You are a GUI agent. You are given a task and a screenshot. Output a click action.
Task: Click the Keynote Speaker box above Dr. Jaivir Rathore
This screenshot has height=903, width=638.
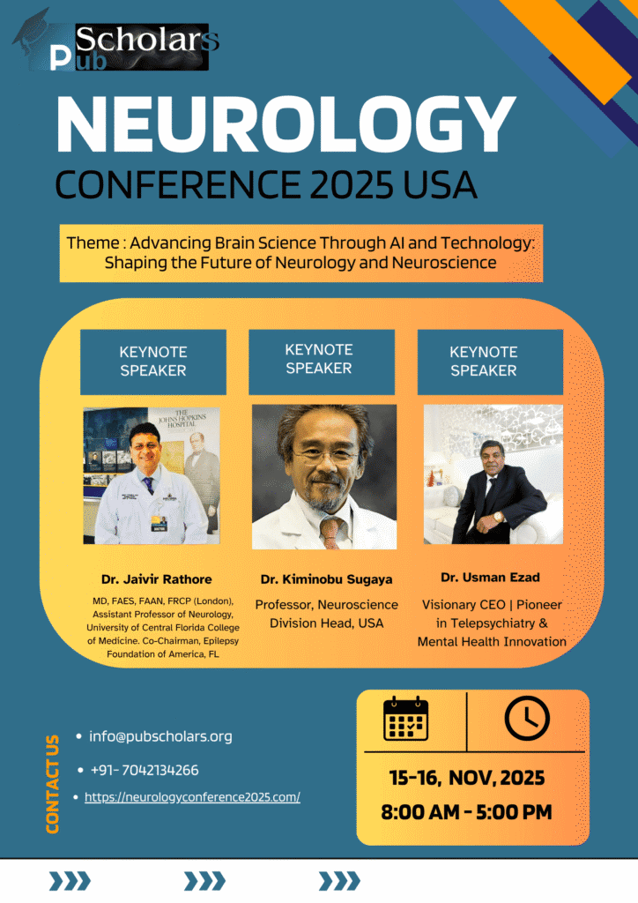point(153,362)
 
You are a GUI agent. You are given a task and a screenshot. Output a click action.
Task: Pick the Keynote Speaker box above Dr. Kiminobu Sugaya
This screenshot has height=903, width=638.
point(322,362)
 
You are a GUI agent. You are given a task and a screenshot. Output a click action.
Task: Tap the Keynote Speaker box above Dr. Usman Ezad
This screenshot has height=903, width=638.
point(490,362)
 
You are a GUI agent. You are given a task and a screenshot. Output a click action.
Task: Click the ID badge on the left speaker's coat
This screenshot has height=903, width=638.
point(159,522)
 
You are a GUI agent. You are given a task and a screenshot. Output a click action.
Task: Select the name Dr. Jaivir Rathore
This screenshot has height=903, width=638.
point(157,579)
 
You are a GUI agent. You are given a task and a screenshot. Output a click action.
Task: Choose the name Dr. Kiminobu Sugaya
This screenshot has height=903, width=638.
point(326,579)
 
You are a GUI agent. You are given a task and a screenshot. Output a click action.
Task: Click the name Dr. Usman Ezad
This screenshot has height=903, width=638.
point(490,577)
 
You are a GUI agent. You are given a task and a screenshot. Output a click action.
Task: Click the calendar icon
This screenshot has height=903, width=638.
point(406,718)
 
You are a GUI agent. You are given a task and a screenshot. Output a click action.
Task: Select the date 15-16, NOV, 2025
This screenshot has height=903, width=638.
point(466,778)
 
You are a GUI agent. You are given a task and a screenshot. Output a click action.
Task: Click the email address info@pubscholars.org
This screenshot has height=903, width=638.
point(160,736)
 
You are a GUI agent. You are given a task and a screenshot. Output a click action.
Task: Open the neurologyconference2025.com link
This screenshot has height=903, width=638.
point(192,797)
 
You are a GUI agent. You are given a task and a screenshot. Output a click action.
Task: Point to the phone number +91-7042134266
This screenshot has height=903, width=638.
point(145,770)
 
